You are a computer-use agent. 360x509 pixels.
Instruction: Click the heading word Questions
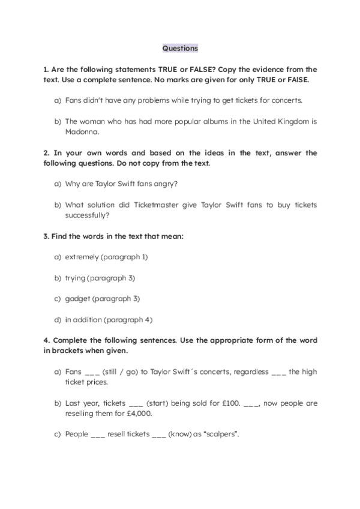[x=180, y=47]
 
